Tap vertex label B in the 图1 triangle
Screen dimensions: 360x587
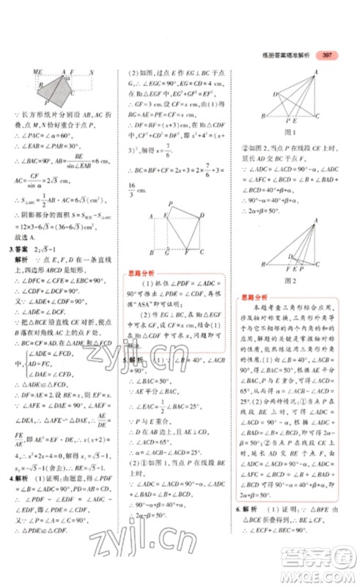point(273,120)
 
